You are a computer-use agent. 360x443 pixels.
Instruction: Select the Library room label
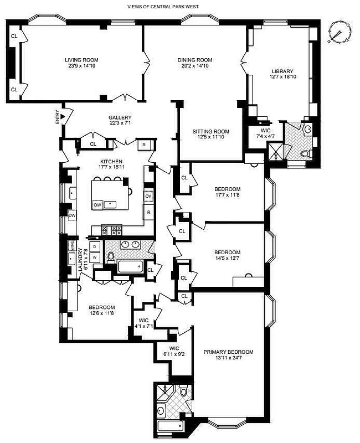click(x=282, y=71)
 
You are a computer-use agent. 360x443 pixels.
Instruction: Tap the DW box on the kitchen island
click(x=97, y=205)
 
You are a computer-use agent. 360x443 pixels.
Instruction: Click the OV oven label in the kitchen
click(x=148, y=197)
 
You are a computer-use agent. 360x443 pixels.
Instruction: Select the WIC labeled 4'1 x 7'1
click(x=143, y=323)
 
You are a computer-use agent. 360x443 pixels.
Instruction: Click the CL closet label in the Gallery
click(x=93, y=144)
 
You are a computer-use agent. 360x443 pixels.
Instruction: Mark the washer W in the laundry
click(x=95, y=257)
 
